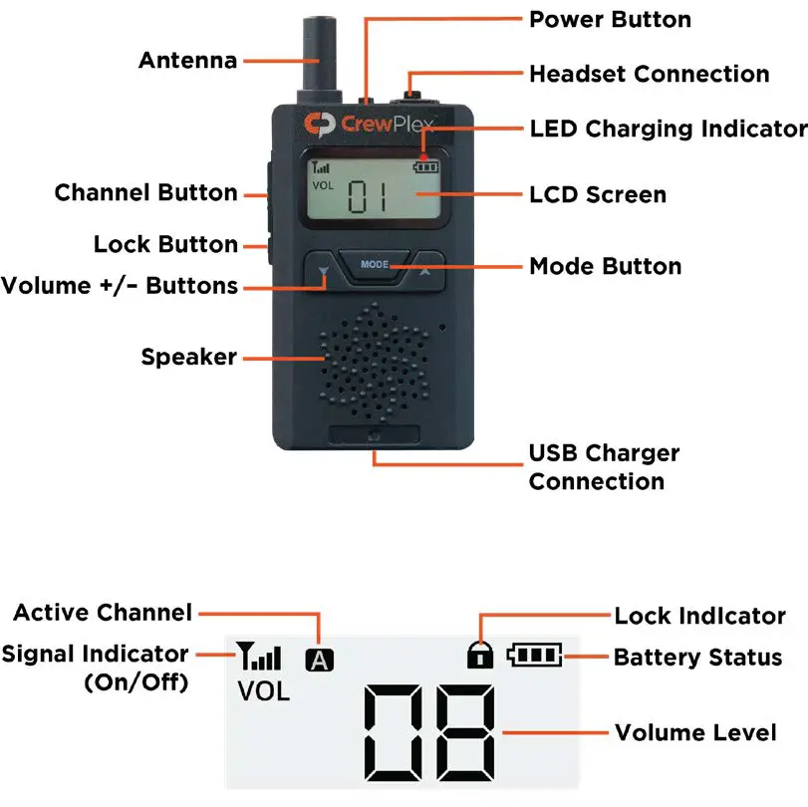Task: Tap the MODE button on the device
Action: pyautogui.click(x=376, y=265)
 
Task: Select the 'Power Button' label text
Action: pyautogui.click(x=610, y=19)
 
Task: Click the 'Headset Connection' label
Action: pyautogui.click(x=649, y=74)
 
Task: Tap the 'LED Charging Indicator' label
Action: pyautogui.click(x=668, y=129)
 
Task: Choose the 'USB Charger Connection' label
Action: pyautogui.click(x=604, y=467)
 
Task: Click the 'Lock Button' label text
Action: pyautogui.click(x=165, y=244)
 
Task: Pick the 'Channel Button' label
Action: pyautogui.click(x=145, y=192)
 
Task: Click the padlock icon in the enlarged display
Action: pyautogui.click(x=480, y=655)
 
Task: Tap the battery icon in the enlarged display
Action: pyautogui.click(x=535, y=655)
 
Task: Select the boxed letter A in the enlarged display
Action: pyautogui.click(x=321, y=659)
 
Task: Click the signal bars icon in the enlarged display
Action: pyautogui.click(x=260, y=657)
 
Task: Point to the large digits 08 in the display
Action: pyautogui.click(x=430, y=733)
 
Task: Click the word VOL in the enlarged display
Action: pyautogui.click(x=263, y=691)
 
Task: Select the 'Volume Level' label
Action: pyautogui.click(x=695, y=732)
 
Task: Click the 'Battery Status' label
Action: pyautogui.click(x=697, y=657)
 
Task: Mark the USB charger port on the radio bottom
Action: pyautogui.click(x=374, y=435)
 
